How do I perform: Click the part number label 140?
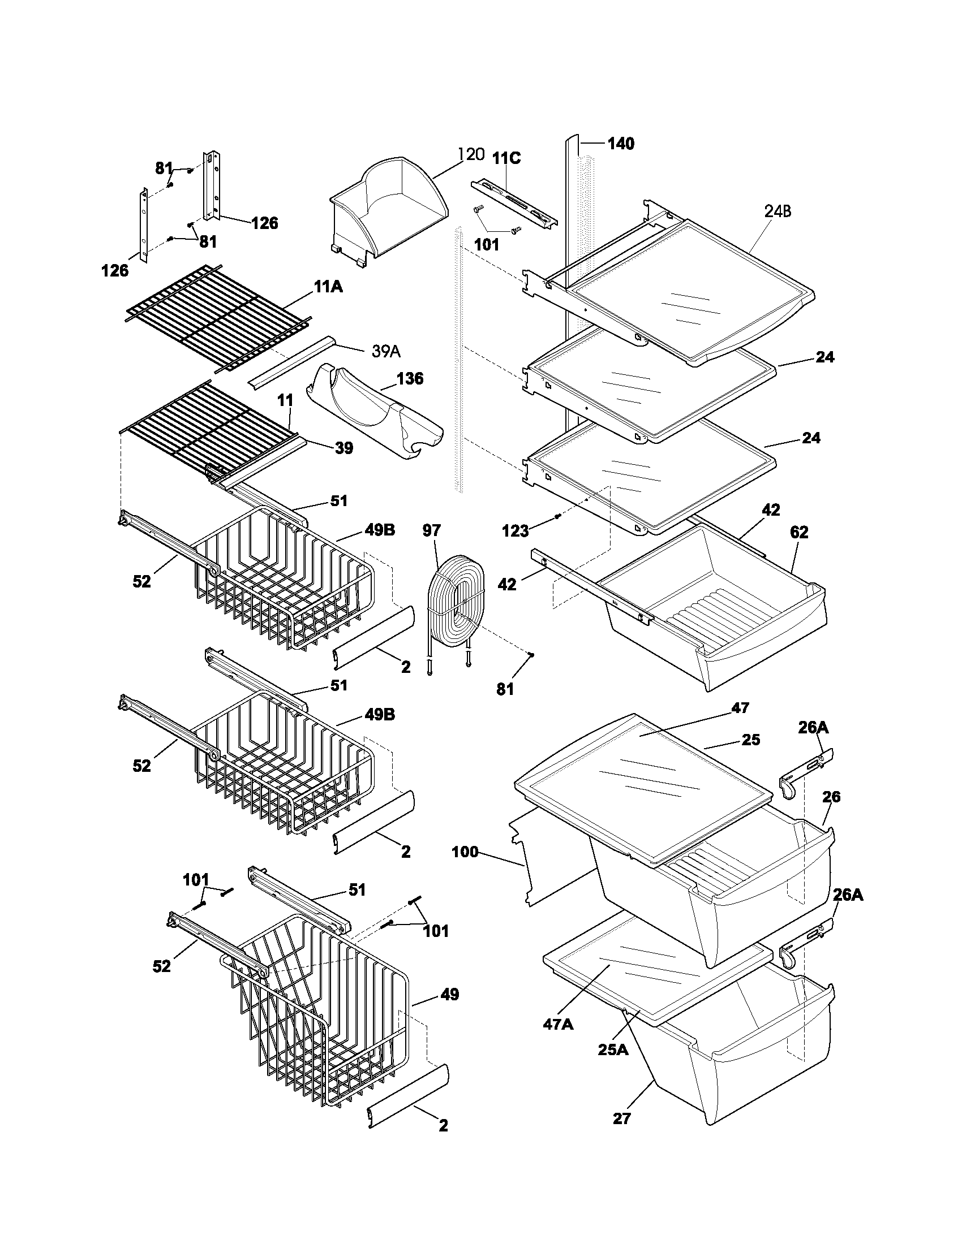coord(621,144)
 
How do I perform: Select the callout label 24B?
coord(778,211)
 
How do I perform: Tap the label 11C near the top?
coord(506,158)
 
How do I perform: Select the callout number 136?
coord(410,378)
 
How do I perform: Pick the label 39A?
coord(386,352)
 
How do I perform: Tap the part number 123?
coord(514,532)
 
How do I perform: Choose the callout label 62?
coord(799,532)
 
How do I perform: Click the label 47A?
coord(558,1025)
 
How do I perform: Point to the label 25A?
coord(613,1049)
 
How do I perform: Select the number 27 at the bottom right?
coord(622,1118)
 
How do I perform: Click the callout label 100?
coord(465,853)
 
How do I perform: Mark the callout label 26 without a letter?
coord(831,796)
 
